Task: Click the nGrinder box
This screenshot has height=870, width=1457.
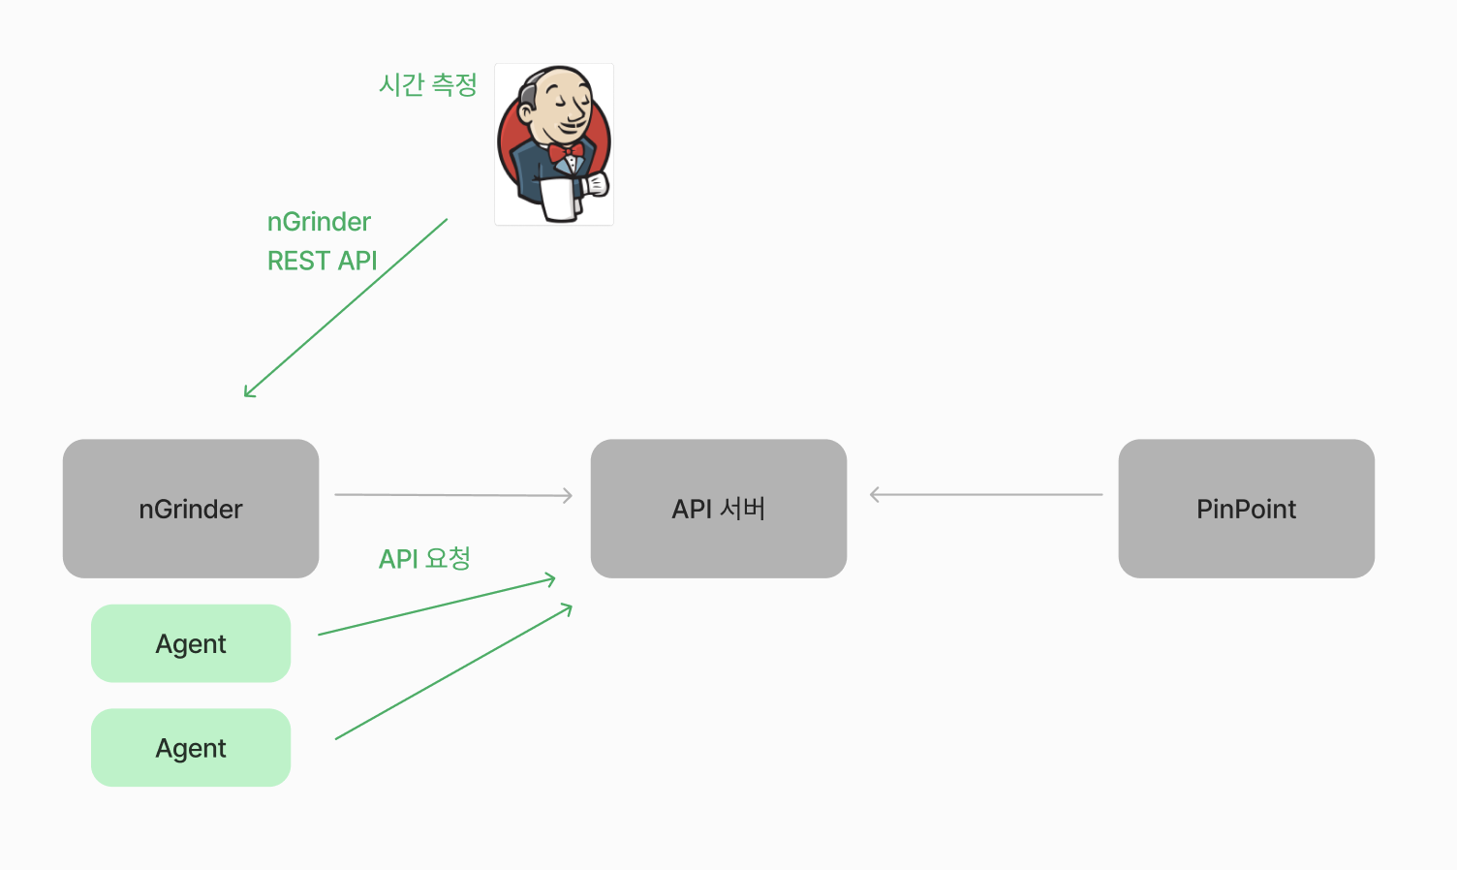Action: pos(191,509)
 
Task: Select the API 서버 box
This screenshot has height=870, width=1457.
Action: pos(718,509)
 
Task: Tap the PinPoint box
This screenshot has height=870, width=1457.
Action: pos(1246,509)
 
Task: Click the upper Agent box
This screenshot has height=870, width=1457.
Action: pos(191,643)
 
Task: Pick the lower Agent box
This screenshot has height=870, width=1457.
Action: pos(191,747)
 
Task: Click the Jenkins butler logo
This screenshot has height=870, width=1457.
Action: pos(554,144)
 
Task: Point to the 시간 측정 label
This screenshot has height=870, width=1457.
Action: pos(427,85)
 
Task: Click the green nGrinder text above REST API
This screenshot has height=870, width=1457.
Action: pos(319,222)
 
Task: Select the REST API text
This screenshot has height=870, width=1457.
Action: pos(322,261)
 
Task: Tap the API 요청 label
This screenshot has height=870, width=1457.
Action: pos(424,559)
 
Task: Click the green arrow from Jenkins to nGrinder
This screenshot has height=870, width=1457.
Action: pos(346,307)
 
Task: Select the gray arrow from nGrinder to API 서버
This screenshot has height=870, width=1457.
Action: pos(453,495)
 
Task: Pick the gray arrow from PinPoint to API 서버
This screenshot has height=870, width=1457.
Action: pos(986,495)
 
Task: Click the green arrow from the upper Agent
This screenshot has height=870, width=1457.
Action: pos(436,606)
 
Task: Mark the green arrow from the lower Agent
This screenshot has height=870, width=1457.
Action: pos(453,671)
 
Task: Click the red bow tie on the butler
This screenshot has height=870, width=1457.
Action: pos(566,152)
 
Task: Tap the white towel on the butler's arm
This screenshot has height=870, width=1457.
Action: pos(558,198)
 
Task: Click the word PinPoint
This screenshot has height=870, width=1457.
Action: pos(1246,509)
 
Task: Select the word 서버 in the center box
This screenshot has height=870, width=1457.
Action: pos(743,509)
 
